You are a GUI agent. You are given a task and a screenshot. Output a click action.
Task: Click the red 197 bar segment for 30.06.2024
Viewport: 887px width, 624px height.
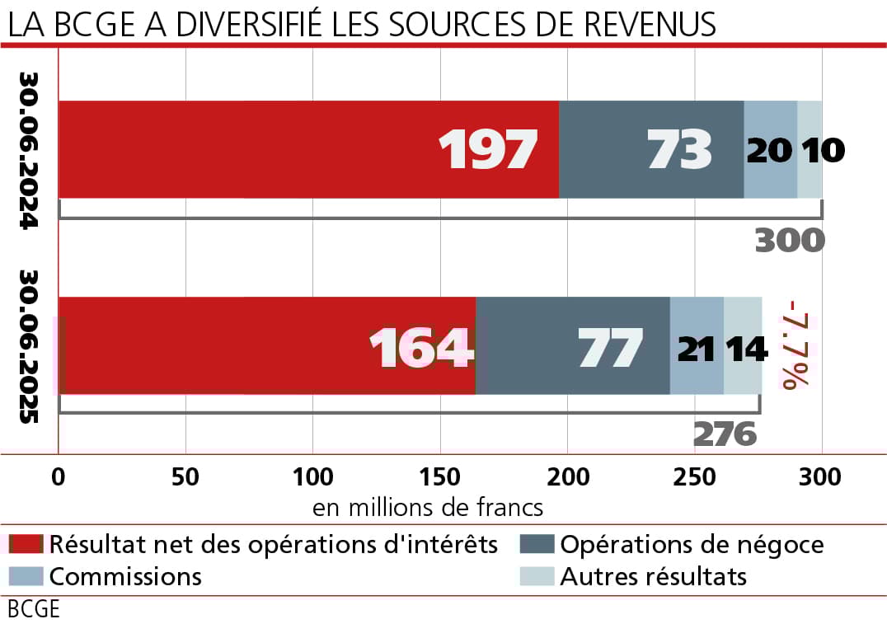pyautogui.click(x=308, y=149)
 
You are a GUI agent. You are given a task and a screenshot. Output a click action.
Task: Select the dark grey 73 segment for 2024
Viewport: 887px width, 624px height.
pyautogui.click(x=651, y=149)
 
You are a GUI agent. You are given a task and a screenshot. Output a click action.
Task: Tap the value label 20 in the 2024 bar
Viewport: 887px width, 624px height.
pyautogui.click(x=770, y=150)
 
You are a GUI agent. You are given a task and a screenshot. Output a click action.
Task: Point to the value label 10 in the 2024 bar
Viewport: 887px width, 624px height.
pyautogui.click(x=823, y=150)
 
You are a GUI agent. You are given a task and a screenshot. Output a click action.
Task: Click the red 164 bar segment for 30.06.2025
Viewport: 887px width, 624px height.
pyautogui.click(x=266, y=345)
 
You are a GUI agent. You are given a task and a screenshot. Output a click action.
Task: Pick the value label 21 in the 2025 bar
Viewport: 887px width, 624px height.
pyautogui.click(x=697, y=347)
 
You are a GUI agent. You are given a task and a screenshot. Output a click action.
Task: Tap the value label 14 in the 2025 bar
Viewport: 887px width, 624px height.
pyautogui.click(x=746, y=347)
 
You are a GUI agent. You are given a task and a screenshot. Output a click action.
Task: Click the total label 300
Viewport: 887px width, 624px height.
pyautogui.click(x=789, y=240)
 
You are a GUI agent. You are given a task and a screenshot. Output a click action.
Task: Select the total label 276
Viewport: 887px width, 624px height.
pyautogui.click(x=725, y=434)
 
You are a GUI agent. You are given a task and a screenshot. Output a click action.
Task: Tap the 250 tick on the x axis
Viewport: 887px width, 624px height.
pyautogui.click(x=695, y=478)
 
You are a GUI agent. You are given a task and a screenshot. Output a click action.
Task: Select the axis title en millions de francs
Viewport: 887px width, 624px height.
pyautogui.click(x=428, y=506)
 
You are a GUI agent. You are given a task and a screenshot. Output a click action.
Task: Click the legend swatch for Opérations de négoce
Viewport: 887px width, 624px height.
pyautogui.click(x=535, y=545)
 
